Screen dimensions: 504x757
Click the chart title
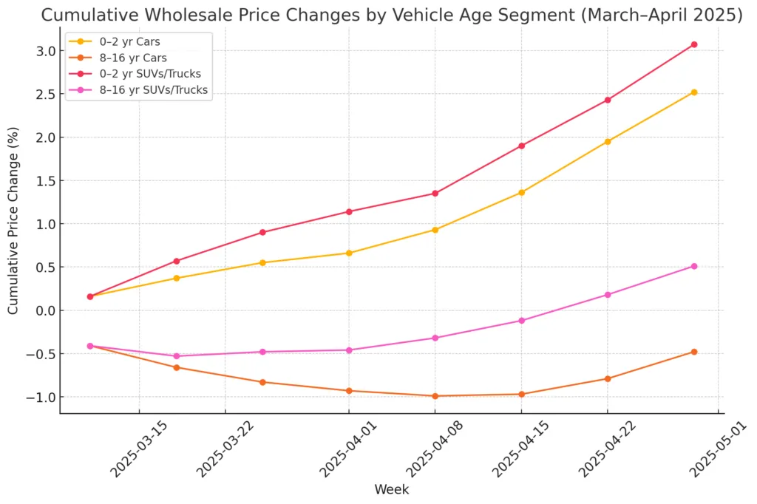click(392, 16)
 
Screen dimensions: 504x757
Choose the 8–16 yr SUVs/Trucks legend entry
click(150, 91)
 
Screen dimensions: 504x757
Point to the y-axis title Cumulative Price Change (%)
click(14, 220)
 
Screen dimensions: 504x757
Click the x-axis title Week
click(392, 489)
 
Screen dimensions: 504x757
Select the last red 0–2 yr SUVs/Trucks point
click(693, 44)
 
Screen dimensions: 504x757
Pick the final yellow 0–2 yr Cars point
click(693, 92)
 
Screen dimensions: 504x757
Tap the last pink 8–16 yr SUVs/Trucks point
click(693, 266)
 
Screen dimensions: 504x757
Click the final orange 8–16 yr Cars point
click(693, 352)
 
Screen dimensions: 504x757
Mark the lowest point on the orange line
click(435, 396)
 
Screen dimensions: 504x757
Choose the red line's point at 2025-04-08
click(435, 194)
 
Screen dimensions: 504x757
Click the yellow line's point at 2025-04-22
click(608, 142)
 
